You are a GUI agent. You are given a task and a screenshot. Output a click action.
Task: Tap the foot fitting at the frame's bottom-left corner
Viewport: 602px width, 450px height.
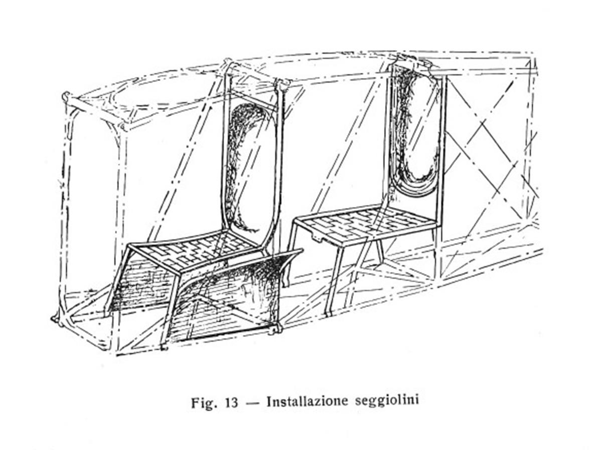point(56,319)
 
